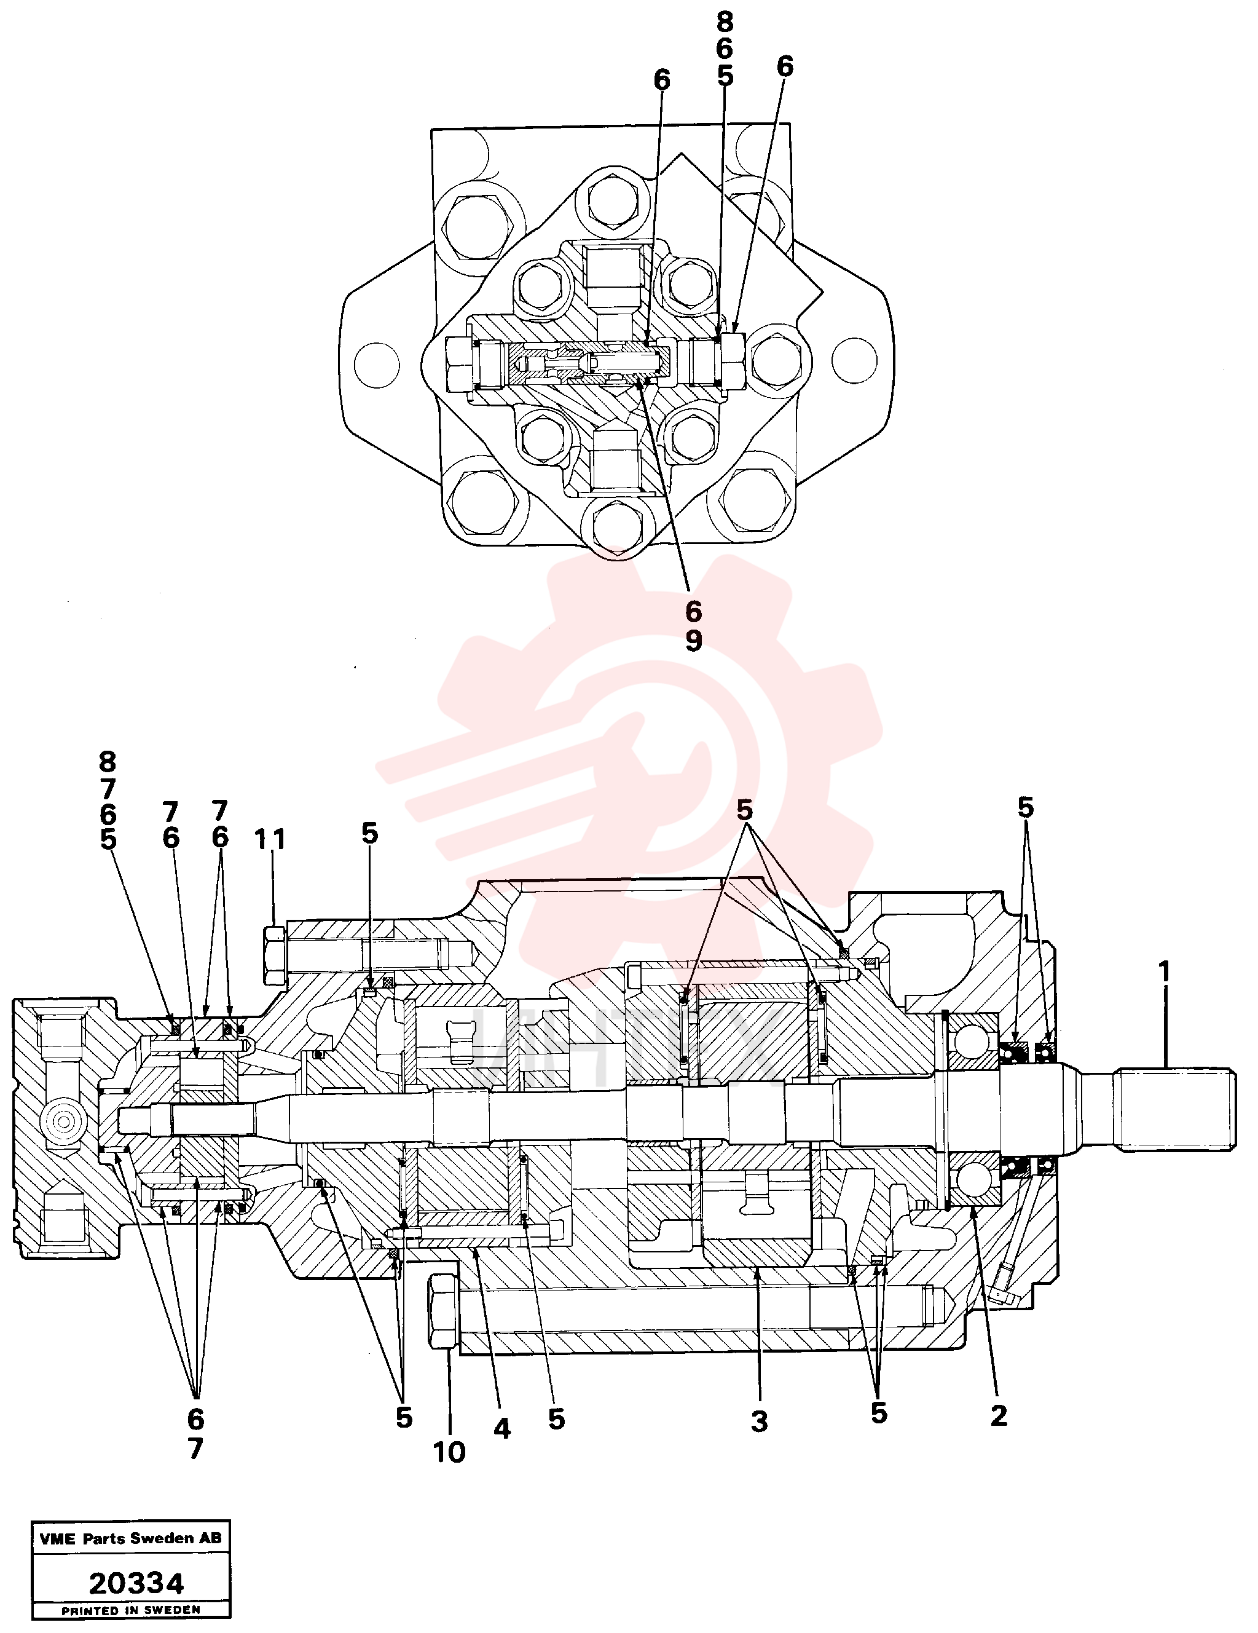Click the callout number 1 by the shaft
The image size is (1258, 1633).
click(1164, 972)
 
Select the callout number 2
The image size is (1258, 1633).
click(999, 1415)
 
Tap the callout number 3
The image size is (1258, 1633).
click(760, 1421)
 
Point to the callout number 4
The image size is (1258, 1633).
click(502, 1429)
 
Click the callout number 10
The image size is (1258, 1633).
click(449, 1452)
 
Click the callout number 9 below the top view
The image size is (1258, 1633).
click(694, 640)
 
